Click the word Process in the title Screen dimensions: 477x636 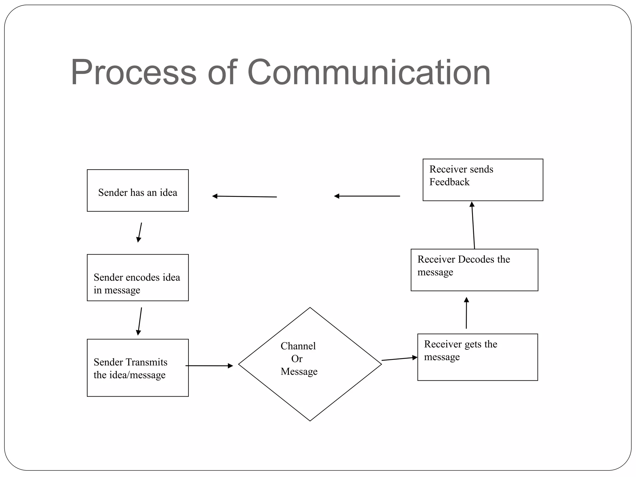(x=134, y=73)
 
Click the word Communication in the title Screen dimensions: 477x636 (x=369, y=73)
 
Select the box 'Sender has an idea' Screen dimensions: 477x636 (x=138, y=190)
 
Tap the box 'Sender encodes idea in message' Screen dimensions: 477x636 (x=138, y=277)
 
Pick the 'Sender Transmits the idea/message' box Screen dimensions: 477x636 (x=138, y=368)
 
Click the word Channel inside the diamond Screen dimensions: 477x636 (x=298, y=346)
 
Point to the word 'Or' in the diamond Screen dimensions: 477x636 (x=297, y=359)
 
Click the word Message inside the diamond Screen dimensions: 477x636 (x=299, y=371)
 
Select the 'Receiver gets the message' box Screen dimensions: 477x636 (x=478, y=357)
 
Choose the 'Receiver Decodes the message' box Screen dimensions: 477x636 (x=474, y=270)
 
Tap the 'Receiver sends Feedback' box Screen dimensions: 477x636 (x=483, y=180)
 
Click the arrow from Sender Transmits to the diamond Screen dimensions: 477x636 (x=209, y=366)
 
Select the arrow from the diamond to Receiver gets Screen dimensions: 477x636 (x=399, y=359)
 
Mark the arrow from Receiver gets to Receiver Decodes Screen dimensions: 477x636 (x=466, y=313)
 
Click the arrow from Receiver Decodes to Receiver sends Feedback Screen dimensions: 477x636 (x=473, y=225)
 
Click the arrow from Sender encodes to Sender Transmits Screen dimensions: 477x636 (x=140, y=321)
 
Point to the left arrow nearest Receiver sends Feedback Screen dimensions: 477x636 (x=367, y=196)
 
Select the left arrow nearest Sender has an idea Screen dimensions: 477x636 (x=244, y=197)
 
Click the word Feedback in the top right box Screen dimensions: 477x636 (x=449, y=182)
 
